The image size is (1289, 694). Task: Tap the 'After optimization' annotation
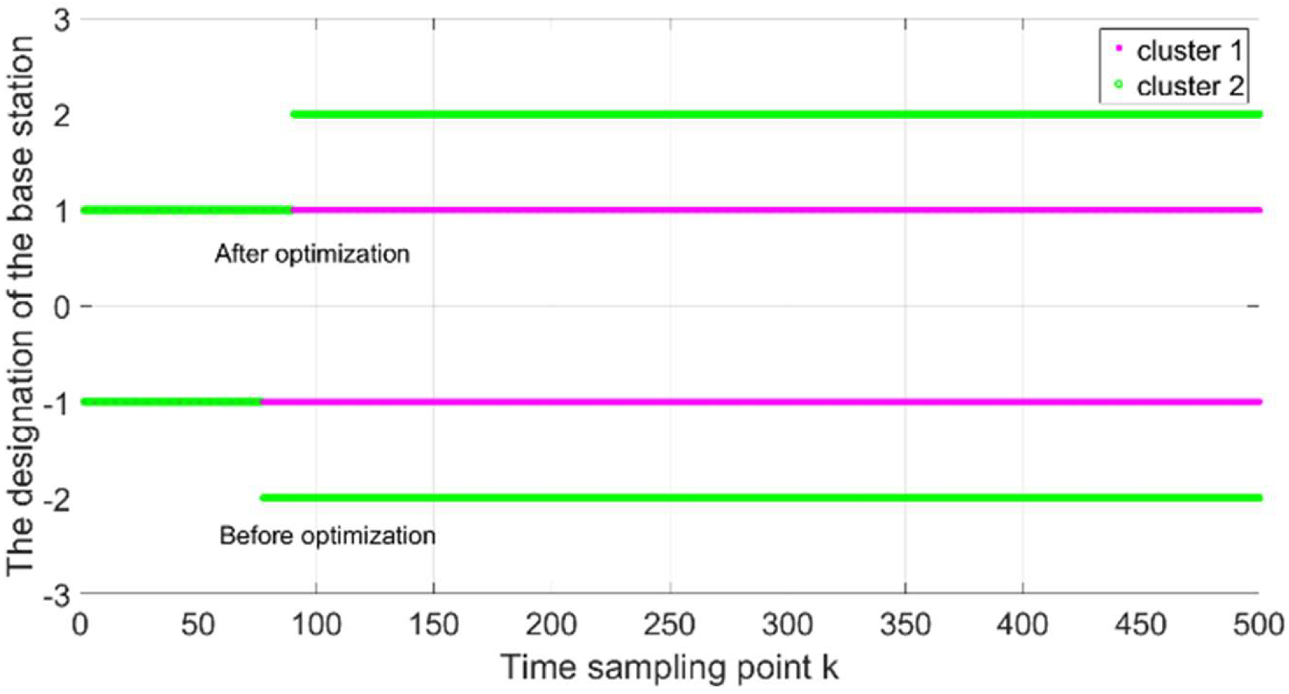tap(312, 254)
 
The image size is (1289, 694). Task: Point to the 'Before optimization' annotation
tap(327, 536)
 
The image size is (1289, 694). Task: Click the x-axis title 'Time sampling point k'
tap(669, 667)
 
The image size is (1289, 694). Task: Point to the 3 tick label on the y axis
tap(62, 20)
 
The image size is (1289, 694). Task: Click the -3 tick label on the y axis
tap(57, 597)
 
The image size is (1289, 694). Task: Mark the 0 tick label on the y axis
tap(62, 308)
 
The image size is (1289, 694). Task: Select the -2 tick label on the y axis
tap(57, 500)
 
